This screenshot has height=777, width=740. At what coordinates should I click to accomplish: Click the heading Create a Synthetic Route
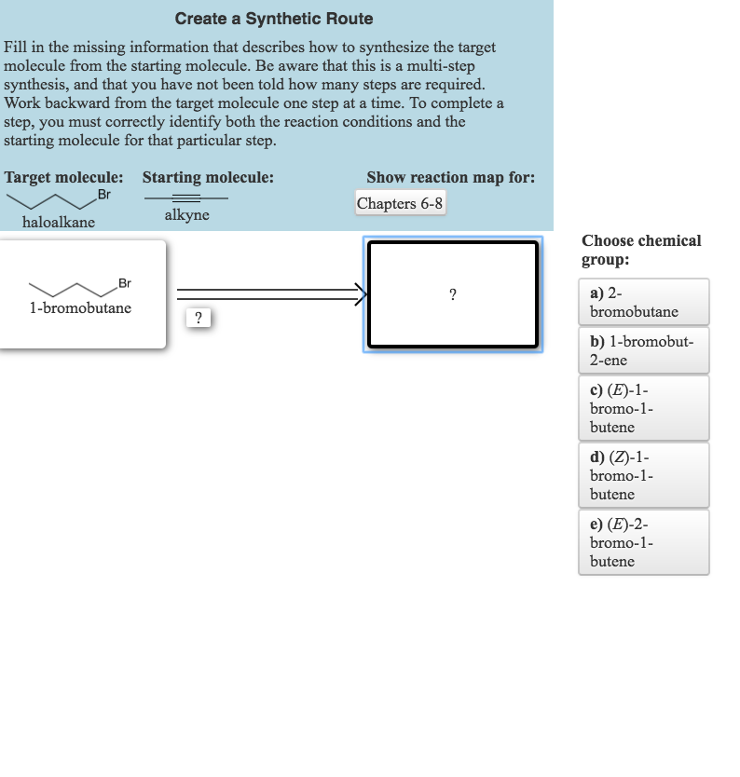point(274,19)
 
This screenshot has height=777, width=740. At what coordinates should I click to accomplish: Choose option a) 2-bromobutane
point(643,302)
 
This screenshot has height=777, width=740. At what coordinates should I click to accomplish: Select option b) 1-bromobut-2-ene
point(643,350)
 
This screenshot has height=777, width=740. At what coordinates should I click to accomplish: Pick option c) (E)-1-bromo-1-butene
point(643,407)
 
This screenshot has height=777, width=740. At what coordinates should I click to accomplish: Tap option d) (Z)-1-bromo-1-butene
point(643,474)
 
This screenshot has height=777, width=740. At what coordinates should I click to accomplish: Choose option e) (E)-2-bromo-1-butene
point(643,541)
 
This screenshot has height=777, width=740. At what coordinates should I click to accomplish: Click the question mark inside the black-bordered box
point(453,295)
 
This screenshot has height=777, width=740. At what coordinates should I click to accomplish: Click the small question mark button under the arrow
point(198,318)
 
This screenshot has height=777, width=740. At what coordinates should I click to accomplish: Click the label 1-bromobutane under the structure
point(80,307)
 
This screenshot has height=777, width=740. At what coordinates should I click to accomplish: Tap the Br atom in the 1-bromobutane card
point(125,283)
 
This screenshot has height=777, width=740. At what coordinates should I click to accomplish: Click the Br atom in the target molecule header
point(103,194)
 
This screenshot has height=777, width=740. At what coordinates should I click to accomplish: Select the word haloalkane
point(59,223)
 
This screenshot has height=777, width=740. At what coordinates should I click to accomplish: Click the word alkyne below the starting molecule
point(186,215)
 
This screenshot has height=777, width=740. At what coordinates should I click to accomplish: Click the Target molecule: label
point(64,177)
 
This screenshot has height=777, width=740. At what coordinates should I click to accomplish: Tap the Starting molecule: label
point(208,177)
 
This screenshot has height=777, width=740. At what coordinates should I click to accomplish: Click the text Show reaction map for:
point(450,177)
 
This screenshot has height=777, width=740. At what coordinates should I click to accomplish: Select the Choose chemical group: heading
point(641,250)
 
